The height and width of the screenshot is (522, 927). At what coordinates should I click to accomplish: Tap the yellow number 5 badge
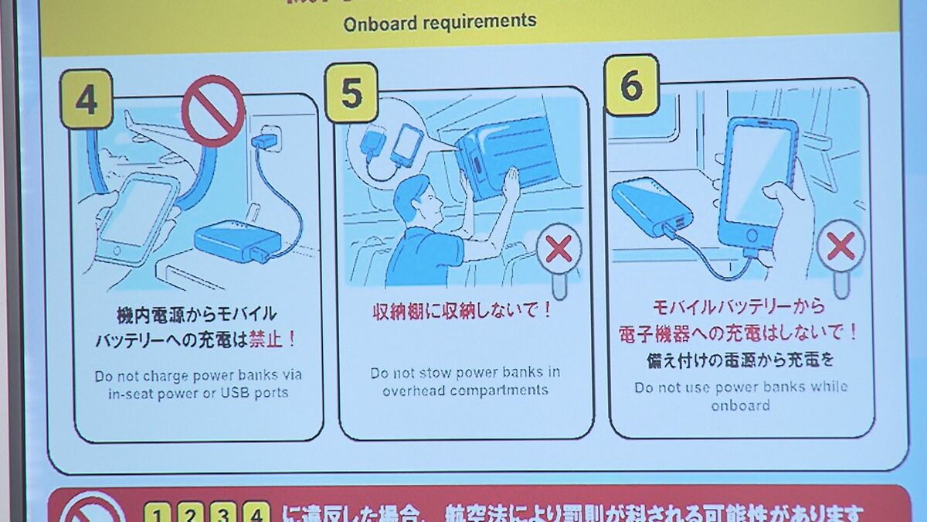click(351, 94)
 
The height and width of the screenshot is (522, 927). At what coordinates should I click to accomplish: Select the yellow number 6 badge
click(630, 85)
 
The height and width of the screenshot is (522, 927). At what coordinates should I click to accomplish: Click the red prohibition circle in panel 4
click(213, 111)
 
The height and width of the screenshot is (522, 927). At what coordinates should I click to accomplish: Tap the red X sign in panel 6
click(840, 246)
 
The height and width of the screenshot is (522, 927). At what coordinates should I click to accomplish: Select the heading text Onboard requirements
click(440, 22)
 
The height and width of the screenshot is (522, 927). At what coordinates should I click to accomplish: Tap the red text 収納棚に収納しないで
click(461, 312)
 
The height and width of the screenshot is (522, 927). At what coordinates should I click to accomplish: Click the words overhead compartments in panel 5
click(465, 391)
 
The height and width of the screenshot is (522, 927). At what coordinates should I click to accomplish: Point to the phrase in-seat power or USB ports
click(198, 393)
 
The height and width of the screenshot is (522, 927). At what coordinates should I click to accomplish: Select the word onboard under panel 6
click(740, 406)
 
